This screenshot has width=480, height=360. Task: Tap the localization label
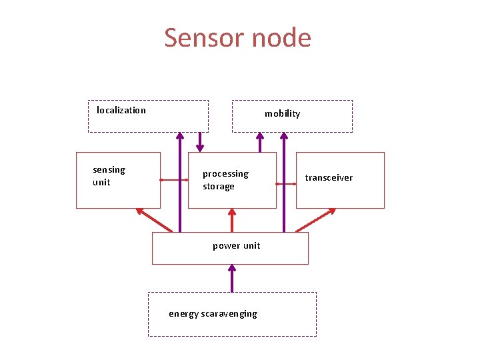pyautogui.click(x=121, y=110)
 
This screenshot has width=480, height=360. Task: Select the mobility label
pyautogui.click(x=282, y=113)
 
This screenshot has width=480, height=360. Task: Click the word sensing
pyautogui.click(x=109, y=170)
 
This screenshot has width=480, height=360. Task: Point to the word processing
pyautogui.click(x=225, y=174)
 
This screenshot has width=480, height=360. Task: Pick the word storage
pyautogui.click(x=219, y=187)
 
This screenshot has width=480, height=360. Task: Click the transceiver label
pyautogui.click(x=329, y=177)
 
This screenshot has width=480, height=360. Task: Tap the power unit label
pyautogui.click(x=236, y=245)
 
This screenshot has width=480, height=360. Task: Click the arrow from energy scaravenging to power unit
pyautogui.click(x=232, y=278)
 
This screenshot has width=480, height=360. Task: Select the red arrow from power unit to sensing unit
pyautogui.click(x=154, y=220)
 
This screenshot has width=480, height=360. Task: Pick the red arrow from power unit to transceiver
pyautogui.click(x=316, y=220)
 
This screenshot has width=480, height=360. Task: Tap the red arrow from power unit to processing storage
pyautogui.click(x=232, y=220)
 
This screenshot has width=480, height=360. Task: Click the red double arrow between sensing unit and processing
pyautogui.click(x=174, y=180)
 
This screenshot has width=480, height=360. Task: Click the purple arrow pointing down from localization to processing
pyautogui.click(x=199, y=141)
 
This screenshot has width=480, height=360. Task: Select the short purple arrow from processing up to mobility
pyautogui.click(x=260, y=142)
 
